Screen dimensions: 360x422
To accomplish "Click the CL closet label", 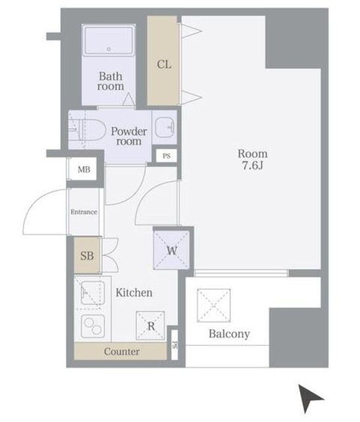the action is pos(164,65).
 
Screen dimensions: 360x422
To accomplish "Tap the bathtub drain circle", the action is pos(109,49).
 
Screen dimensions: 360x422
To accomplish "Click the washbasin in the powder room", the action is pos(165,127).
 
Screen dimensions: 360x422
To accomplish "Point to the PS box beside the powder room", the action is pos(167,156).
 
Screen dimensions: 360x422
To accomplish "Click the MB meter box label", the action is pos(84,169).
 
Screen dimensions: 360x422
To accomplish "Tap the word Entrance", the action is pos(84,212).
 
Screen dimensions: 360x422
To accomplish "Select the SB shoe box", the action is pos(87,255).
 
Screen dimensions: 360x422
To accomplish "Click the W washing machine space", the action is pos(171,250).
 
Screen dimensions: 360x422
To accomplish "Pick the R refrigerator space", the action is pos(150,326).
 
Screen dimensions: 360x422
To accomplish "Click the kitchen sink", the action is pos(92,293).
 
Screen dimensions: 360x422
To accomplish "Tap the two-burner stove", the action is pos(92,325).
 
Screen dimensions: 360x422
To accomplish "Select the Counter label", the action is pos(121,351).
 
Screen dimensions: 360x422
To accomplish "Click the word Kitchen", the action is pos(134,293).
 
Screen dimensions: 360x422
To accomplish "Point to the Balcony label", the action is pos(229,334).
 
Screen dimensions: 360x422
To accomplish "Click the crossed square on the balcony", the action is pos(214,305).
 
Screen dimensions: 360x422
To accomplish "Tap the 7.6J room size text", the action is pos(253,166).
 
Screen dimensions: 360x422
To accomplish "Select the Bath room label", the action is pos(111,81).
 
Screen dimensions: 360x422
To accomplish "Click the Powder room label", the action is pos(129,136).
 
